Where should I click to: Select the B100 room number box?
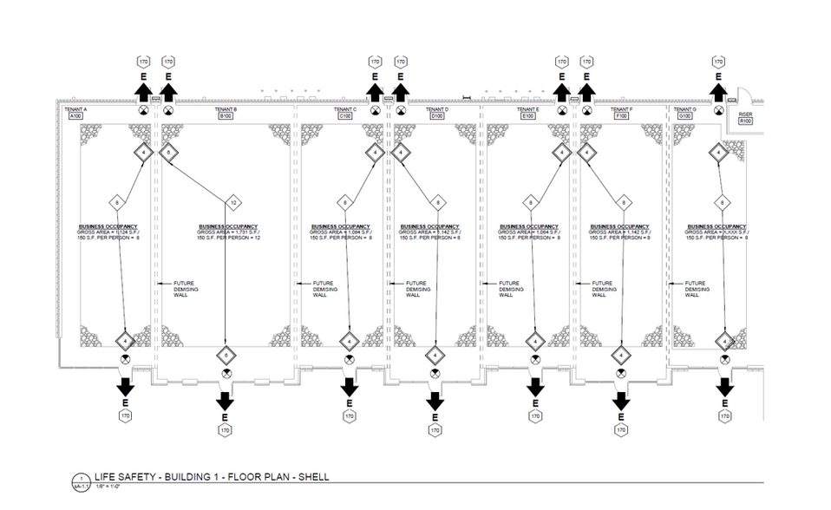pos(226,115)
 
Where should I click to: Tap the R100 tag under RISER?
pos(744,121)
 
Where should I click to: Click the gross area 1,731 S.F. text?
pos(226,232)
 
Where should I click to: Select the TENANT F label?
pos(620,109)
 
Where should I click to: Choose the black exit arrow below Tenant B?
pos(226,401)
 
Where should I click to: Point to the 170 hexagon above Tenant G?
pos(718,62)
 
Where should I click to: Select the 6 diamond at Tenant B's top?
pos(168,153)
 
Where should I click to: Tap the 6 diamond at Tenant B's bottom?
pos(226,355)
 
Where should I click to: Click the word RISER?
pos(744,114)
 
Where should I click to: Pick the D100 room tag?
pos(437,115)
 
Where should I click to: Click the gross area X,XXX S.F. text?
pos(716,232)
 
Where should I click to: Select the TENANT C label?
pos(345,109)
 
